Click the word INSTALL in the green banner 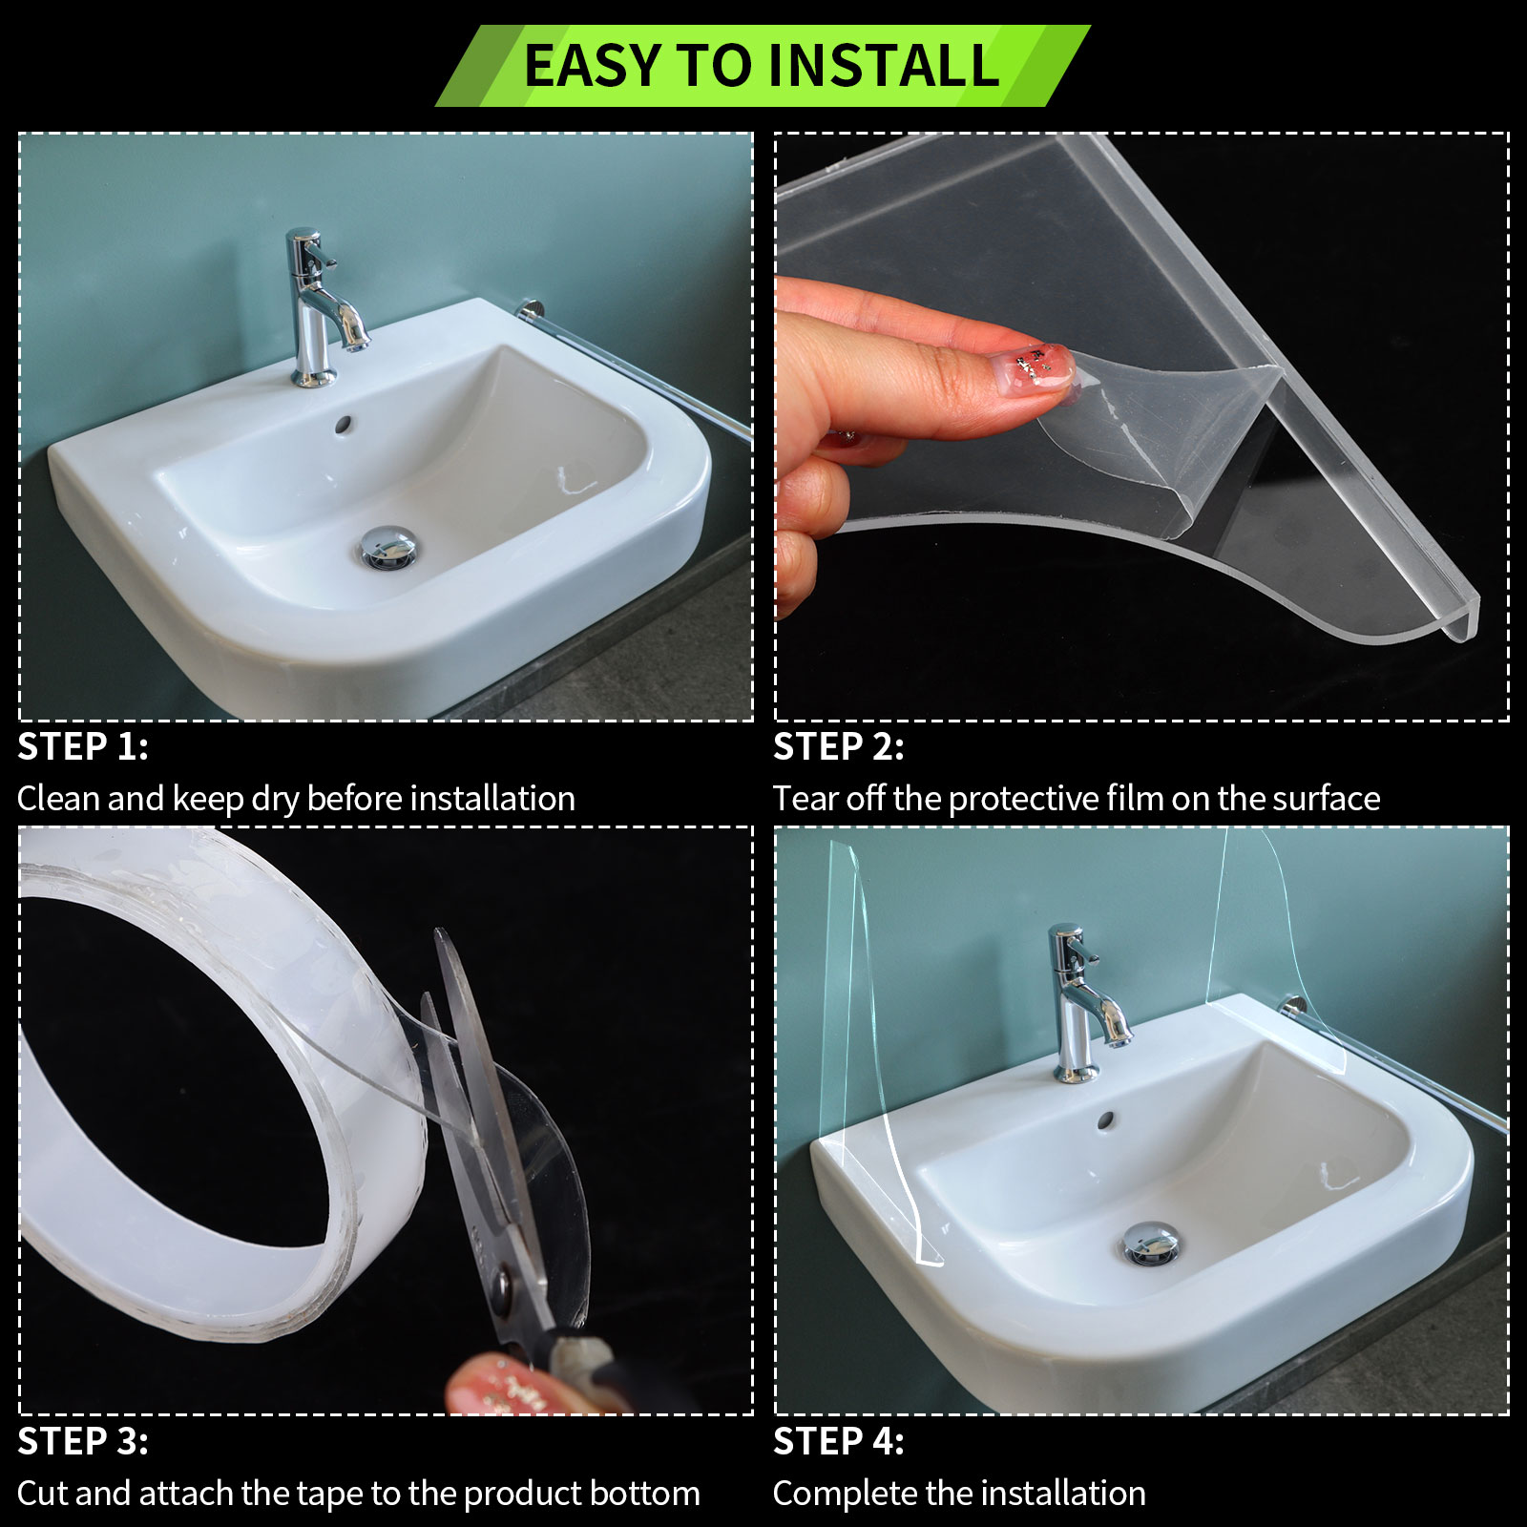pos(884,66)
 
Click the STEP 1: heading pos(83,747)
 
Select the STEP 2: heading pos(839,747)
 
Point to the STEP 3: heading pos(83,1442)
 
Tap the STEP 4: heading pos(839,1442)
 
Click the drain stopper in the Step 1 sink pos(388,547)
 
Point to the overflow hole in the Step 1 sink pos(344,422)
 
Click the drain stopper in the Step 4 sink pos(1152,1244)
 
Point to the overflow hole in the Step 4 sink pos(1106,1119)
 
